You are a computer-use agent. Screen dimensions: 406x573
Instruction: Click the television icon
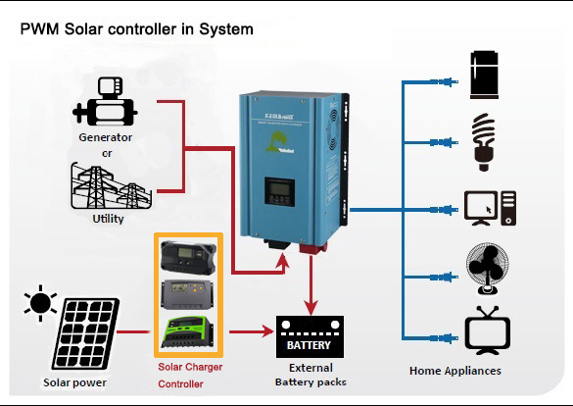tap(488, 330)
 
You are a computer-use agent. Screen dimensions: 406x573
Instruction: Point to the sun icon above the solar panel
tap(40, 305)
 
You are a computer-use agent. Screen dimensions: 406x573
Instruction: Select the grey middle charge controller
tap(189, 293)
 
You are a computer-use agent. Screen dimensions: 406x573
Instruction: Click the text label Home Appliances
tap(454, 371)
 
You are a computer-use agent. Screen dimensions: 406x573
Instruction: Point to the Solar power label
tap(73, 381)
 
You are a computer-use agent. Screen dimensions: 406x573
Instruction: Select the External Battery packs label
tap(310, 374)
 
